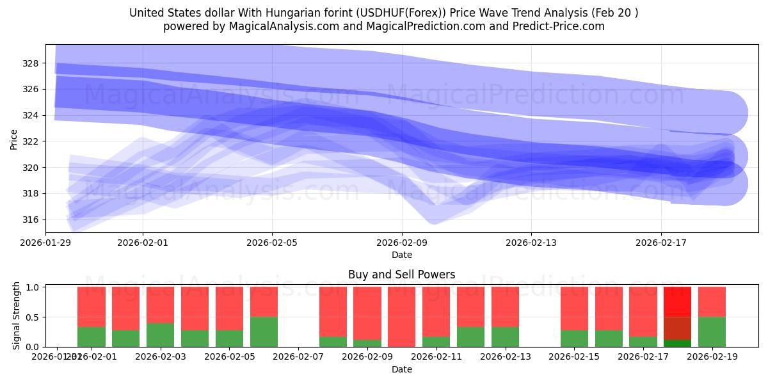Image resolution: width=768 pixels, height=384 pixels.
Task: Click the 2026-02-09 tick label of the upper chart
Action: [402, 243]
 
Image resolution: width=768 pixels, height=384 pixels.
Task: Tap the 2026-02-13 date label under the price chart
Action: [531, 243]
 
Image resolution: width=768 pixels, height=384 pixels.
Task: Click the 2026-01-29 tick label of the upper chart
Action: [45, 243]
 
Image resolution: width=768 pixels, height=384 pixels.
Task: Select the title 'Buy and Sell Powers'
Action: [401, 275]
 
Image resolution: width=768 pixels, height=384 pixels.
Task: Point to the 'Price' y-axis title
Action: [14, 138]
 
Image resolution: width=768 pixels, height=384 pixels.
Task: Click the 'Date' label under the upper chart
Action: [401, 255]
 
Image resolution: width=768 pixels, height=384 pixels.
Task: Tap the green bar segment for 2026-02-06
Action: [264, 332]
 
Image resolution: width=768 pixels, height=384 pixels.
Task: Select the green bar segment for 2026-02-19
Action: [712, 332]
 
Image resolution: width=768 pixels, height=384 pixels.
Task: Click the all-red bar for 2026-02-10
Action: [401, 317]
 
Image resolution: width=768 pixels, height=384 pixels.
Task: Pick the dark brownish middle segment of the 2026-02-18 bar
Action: [677, 328]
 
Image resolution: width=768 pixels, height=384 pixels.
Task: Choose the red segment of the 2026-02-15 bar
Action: [574, 308]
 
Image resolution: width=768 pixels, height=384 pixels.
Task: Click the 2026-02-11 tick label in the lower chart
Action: [436, 357]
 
